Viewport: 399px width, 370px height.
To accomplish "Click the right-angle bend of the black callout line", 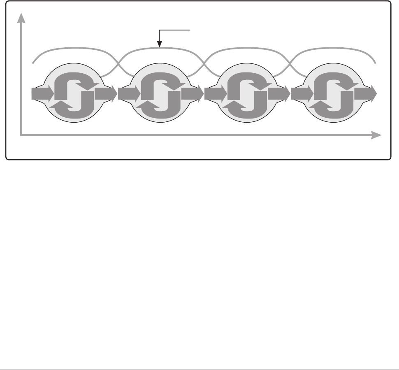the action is click(159, 30).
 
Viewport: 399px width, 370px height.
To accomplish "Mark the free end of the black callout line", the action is click(190, 30).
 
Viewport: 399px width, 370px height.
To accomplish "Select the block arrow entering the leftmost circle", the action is click(41, 94).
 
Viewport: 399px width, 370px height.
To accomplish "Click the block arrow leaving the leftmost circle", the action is click(105, 94).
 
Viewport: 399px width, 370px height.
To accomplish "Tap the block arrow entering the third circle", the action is click(214, 94).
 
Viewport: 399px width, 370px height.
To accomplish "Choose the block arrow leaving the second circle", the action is click(192, 94).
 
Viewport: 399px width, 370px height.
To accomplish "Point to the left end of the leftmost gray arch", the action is click(32, 63).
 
